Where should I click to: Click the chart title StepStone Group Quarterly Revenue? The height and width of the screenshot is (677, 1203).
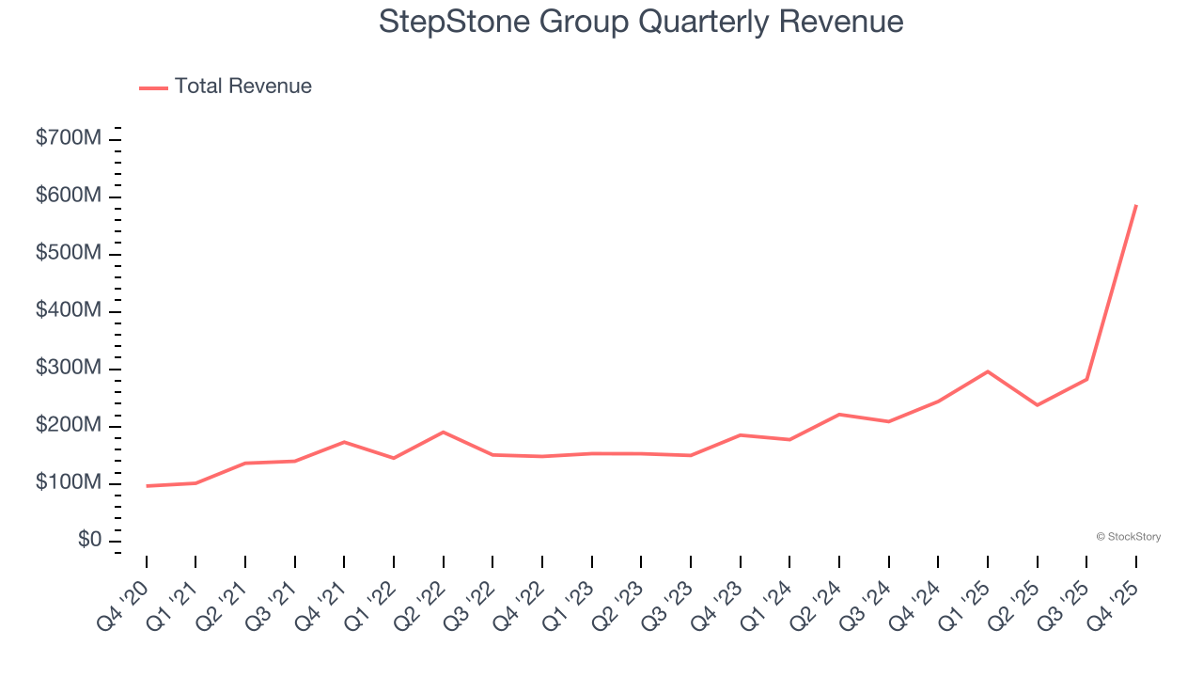[641, 22]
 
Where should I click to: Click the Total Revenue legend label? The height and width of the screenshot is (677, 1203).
[242, 87]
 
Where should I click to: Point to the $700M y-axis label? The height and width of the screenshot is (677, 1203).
[68, 139]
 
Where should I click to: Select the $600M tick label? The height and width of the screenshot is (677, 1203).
[68, 197]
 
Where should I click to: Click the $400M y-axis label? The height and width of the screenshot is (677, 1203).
[68, 311]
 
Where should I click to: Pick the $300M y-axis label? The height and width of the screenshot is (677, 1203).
[68, 369]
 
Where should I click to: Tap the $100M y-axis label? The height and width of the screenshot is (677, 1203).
[68, 483]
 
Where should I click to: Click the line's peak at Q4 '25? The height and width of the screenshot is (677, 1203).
[1136, 205]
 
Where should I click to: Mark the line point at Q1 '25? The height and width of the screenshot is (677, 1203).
[988, 371]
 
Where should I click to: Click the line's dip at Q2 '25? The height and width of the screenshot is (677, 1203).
[1037, 405]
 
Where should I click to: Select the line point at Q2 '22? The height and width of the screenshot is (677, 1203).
[443, 433]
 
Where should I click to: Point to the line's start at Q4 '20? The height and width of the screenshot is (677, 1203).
[147, 486]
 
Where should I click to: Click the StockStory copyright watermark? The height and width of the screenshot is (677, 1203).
[1128, 537]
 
